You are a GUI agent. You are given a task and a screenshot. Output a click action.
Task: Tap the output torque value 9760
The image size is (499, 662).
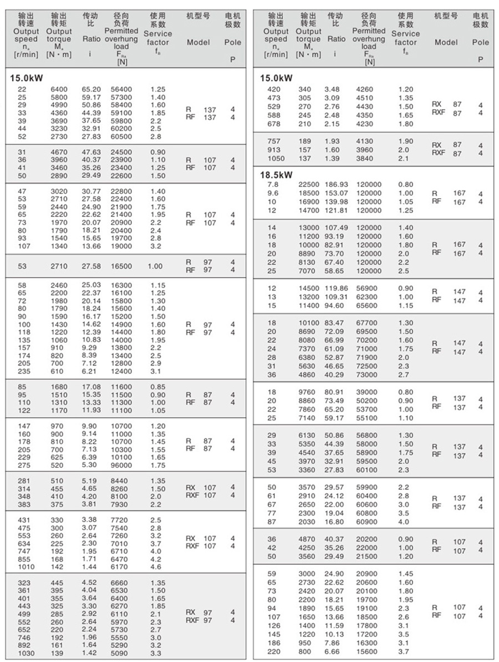307,392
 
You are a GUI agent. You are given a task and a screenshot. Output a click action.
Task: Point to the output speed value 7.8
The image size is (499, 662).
273,184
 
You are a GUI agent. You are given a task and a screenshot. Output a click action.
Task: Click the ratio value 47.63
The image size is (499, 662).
92,151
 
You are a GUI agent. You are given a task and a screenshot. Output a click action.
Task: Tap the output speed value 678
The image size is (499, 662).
274,124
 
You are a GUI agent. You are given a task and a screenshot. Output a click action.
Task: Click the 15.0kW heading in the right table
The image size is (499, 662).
276,78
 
